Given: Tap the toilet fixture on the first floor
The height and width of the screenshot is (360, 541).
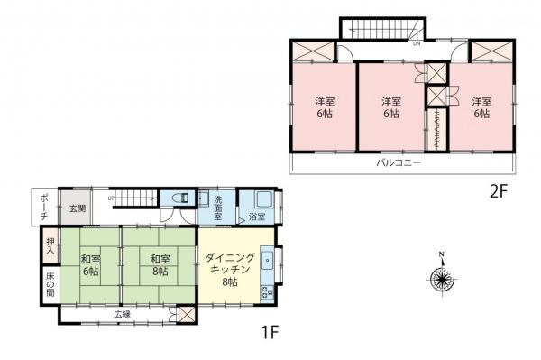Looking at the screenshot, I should point(179,201).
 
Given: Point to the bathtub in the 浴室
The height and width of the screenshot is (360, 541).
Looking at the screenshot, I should point(264,200).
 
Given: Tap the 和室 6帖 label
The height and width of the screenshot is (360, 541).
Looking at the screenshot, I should point(90,265).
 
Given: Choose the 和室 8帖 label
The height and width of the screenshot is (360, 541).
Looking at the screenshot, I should point(159,265).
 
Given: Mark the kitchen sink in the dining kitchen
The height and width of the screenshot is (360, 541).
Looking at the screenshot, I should point(268,255).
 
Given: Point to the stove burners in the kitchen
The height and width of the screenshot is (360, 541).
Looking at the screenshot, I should point(268,291).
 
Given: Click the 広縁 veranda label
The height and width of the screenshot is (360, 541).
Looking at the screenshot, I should point(123,314).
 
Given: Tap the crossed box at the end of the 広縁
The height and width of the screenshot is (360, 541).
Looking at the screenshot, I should point(186,314).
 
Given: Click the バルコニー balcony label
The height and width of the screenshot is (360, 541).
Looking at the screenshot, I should point(396,163).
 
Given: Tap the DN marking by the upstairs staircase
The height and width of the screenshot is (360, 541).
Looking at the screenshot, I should point(416,42).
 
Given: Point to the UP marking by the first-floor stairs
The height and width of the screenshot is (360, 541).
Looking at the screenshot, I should point(111,198).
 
